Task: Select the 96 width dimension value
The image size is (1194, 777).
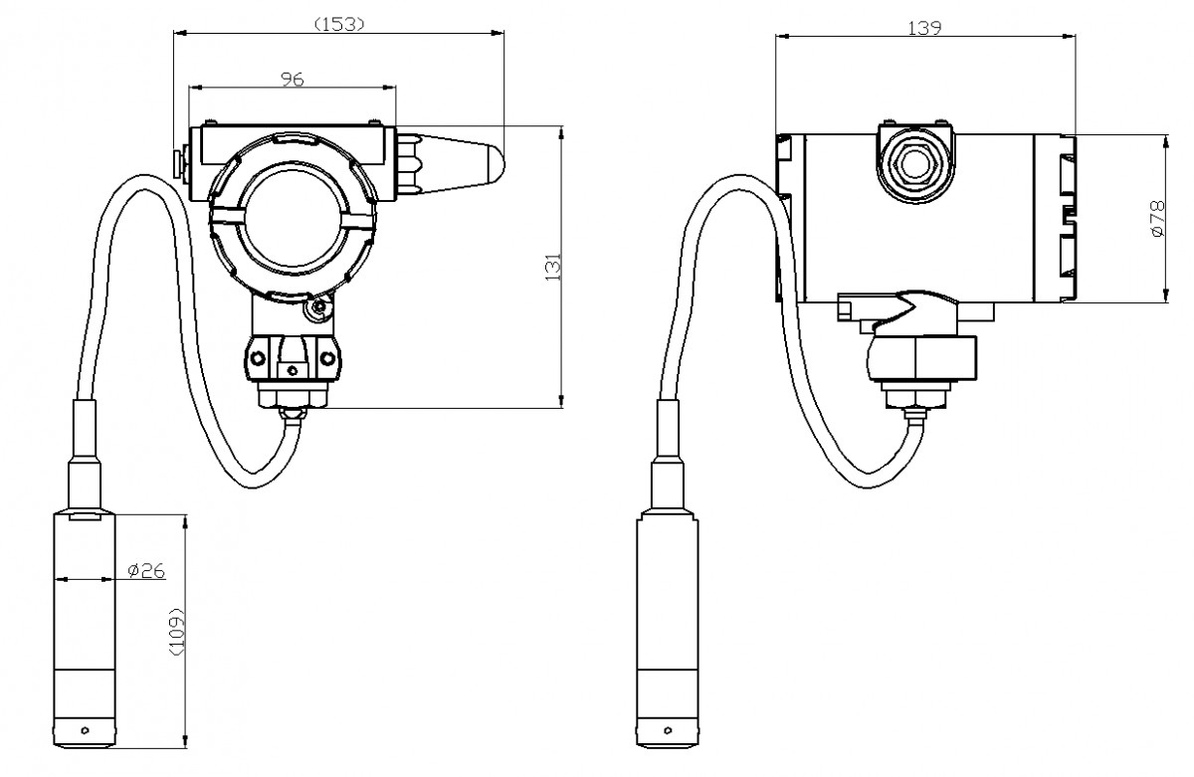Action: click(292, 80)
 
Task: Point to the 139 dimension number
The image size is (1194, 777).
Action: click(925, 28)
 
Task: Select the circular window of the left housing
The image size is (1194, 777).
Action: click(293, 219)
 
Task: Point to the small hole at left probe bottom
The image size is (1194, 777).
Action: click(85, 731)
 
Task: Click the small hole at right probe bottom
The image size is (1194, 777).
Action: click(668, 731)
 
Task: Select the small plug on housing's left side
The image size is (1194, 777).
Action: click(180, 162)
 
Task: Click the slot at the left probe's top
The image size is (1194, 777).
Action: click(85, 515)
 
